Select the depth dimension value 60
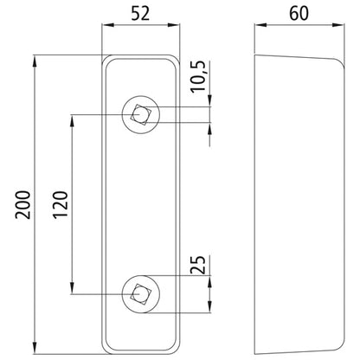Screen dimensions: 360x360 300,15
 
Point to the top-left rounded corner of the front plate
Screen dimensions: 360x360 106,61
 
